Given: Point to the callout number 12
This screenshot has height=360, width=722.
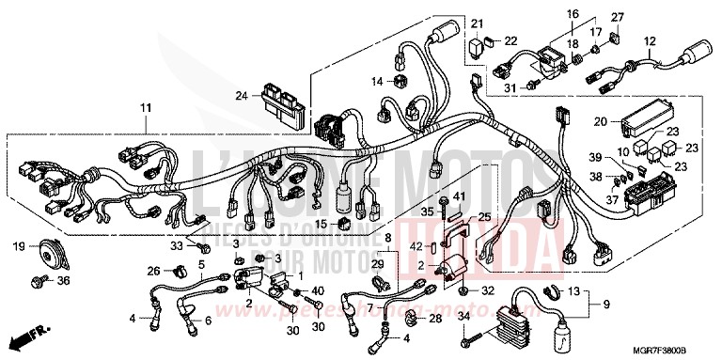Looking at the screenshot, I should pos(649,41).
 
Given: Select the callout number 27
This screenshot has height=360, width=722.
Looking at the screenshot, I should pos(618,17).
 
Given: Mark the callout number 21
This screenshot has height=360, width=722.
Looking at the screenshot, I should pos(477,23).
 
